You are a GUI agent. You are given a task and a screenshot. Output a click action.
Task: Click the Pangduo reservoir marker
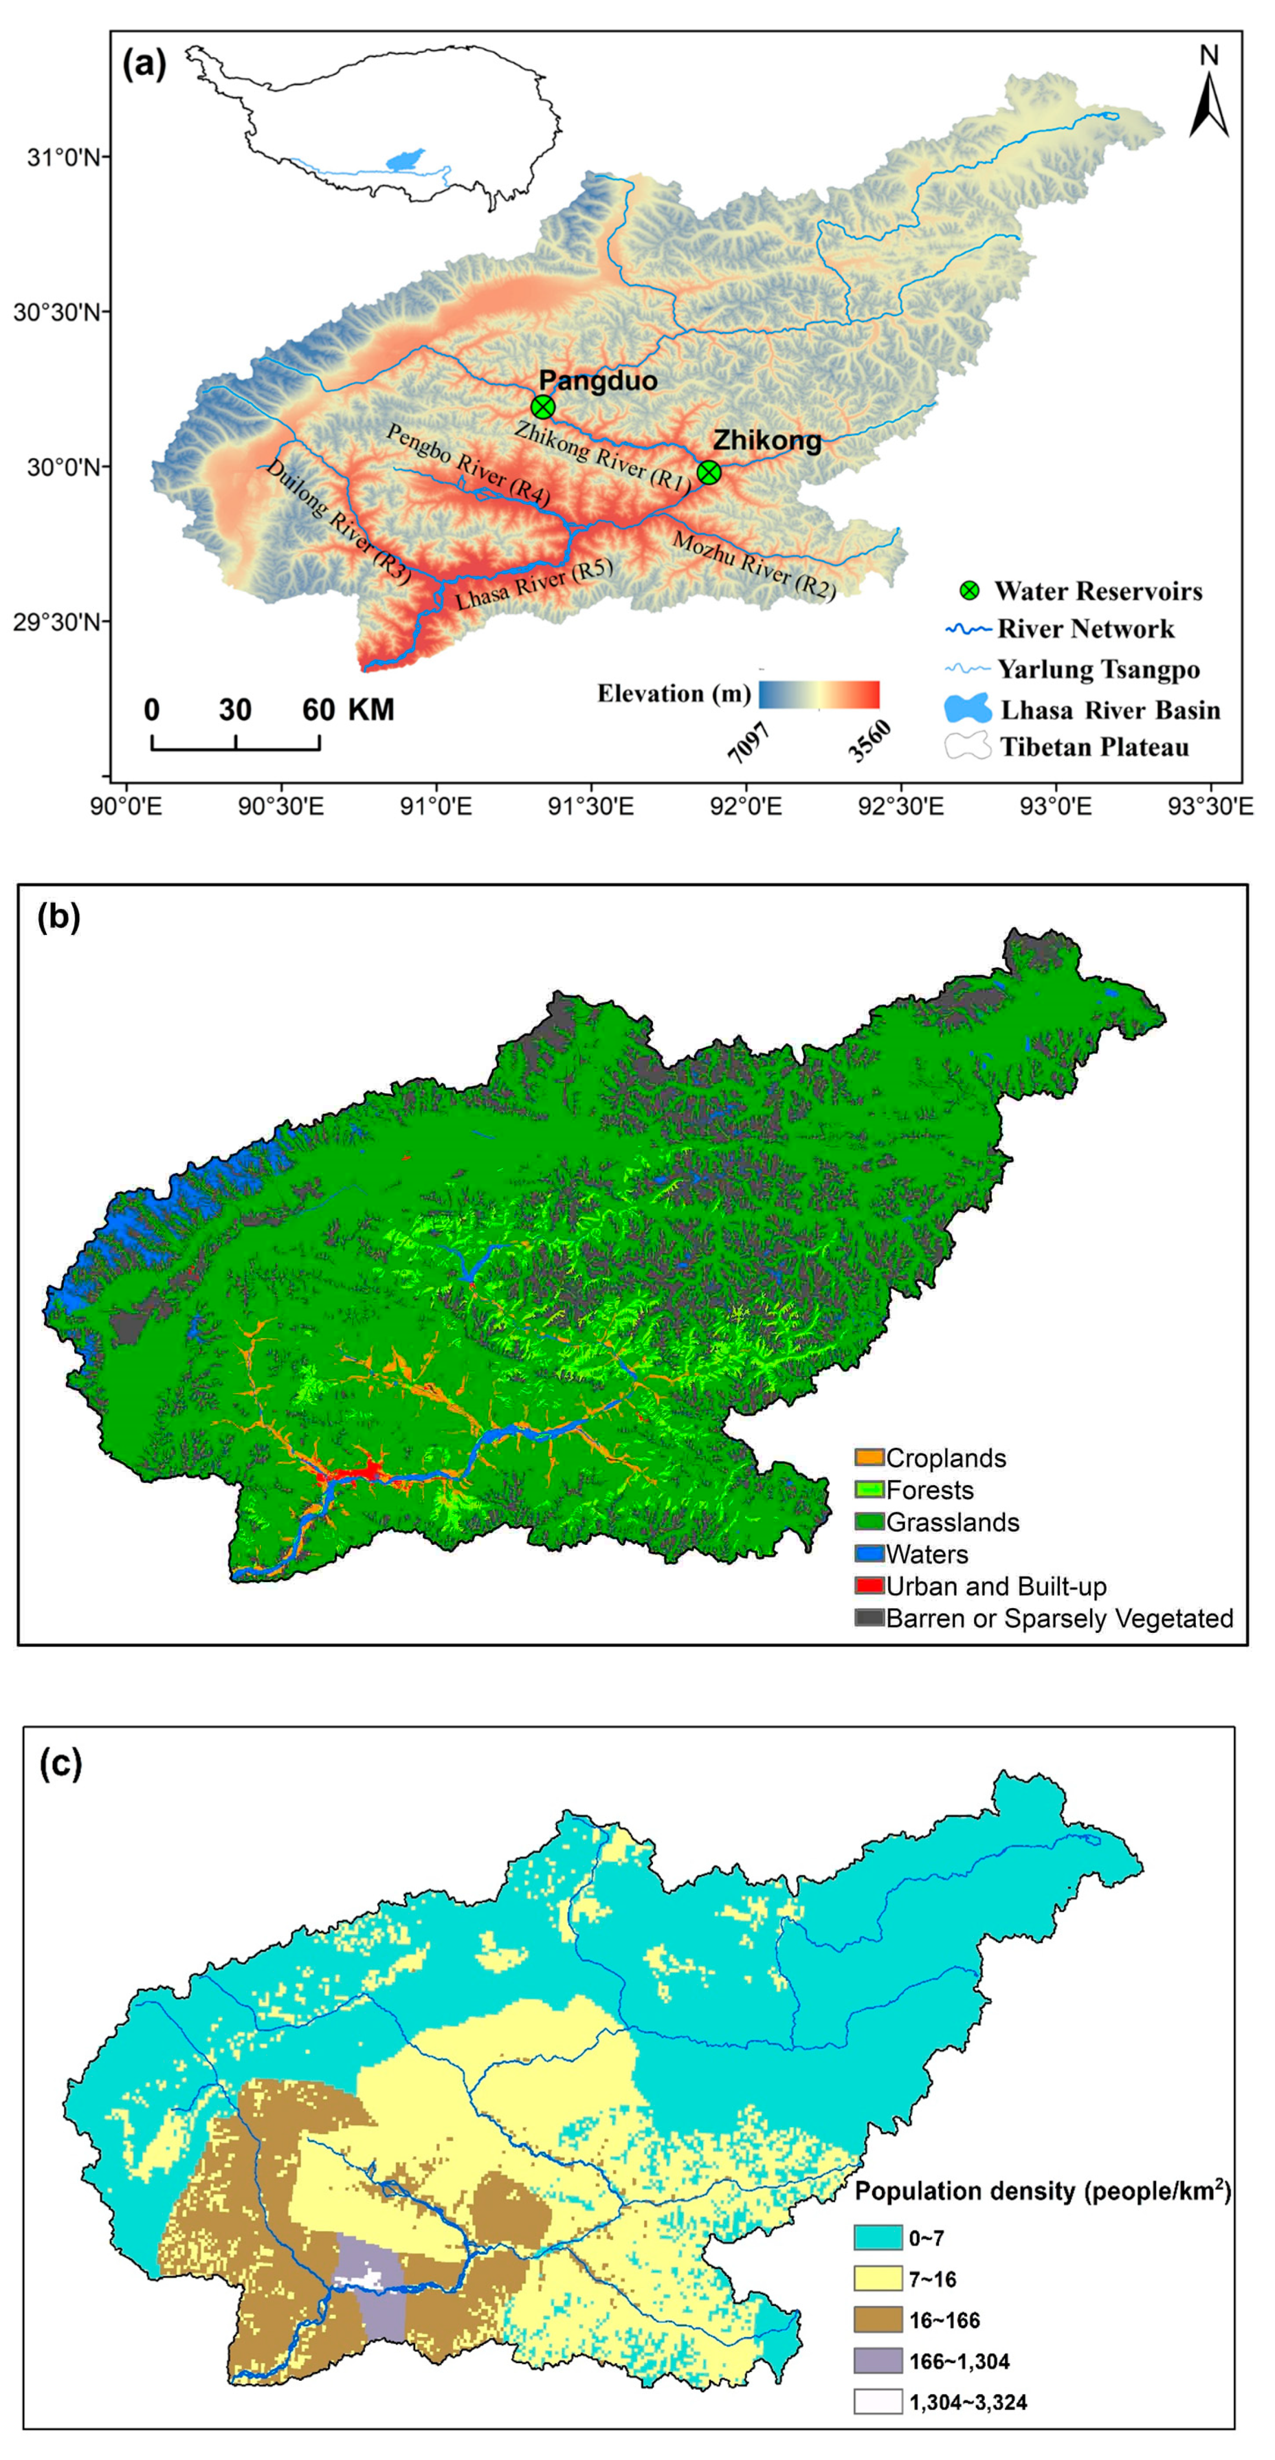pyautogui.click(x=542, y=407)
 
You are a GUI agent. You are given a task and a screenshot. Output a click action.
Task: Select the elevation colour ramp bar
pyautogui.click(x=818, y=694)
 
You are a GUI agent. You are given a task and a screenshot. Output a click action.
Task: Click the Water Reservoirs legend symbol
pyautogui.click(x=969, y=590)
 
